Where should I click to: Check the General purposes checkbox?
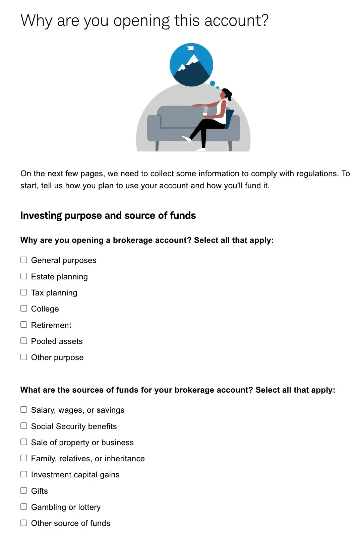point(24,260)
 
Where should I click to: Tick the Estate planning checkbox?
point(24,276)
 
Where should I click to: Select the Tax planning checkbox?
point(24,292)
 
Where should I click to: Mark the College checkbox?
point(24,308)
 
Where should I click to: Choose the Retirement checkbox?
point(24,325)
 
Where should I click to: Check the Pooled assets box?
point(24,341)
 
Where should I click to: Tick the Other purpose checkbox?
point(24,357)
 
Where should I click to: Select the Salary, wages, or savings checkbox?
point(24,409)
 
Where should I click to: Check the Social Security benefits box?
point(24,426)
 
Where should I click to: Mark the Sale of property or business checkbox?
point(24,442)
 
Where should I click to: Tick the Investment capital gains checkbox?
point(24,474)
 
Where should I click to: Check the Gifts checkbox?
point(24,490)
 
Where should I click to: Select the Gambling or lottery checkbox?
point(24,507)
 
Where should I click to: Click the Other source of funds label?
point(70,523)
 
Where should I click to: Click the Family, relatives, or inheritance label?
point(88,459)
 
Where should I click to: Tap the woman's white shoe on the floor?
point(200,149)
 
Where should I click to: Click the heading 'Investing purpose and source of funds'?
point(108,215)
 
